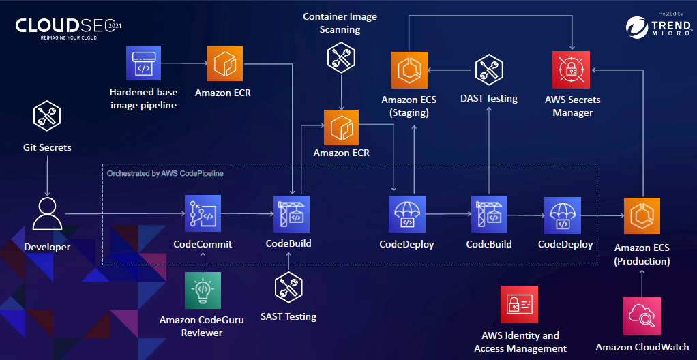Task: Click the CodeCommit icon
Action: coord(203,214)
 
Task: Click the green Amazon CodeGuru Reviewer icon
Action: coord(203,290)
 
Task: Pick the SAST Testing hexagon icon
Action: coord(288,289)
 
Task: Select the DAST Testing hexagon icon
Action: coord(488,70)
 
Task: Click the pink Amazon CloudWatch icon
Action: coord(642,316)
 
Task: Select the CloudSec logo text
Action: coord(68,26)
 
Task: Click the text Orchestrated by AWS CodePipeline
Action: coord(165,174)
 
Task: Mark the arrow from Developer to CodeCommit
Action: coord(123,215)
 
